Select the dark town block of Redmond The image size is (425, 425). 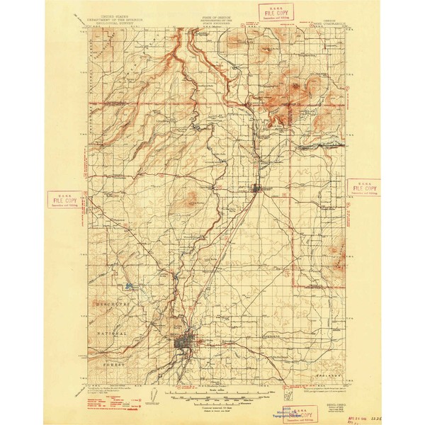coord(256,188)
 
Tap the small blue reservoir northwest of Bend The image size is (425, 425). coord(129,287)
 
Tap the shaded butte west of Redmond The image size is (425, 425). coord(189,202)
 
